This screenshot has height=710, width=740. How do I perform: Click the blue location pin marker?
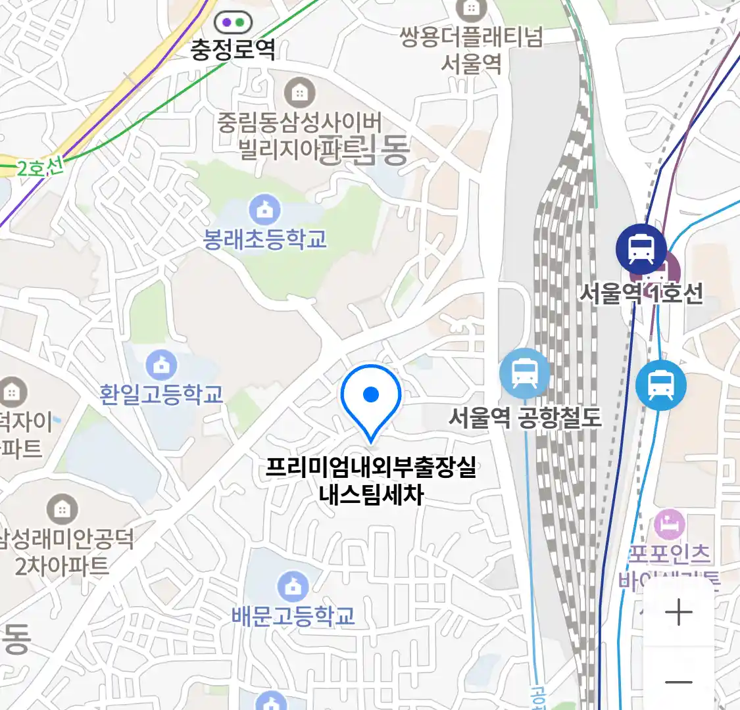(371, 397)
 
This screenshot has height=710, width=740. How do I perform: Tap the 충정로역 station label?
(233, 50)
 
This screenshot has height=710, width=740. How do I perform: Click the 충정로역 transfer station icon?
(233, 22)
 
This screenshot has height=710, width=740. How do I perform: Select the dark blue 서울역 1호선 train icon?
(641, 248)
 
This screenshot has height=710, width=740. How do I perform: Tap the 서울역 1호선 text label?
(641, 293)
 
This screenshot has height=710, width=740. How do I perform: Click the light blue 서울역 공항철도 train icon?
(524, 373)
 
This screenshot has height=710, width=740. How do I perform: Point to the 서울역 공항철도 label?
(525, 417)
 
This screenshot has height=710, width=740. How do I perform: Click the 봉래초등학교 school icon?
(265, 210)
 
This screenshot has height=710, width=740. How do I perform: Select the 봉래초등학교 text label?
(265, 239)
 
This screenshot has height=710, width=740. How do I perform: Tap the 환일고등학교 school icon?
(162, 364)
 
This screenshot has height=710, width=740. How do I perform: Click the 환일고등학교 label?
(162, 394)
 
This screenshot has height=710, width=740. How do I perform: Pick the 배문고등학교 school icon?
(293, 586)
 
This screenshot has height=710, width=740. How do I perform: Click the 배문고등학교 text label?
(293, 616)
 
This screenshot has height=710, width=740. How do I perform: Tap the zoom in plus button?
(678, 613)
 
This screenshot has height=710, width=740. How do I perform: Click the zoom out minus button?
(678, 682)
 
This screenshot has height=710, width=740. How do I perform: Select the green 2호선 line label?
(40, 168)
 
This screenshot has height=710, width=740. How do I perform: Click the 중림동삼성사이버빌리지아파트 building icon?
(300, 93)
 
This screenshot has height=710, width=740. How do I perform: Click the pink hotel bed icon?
(670, 525)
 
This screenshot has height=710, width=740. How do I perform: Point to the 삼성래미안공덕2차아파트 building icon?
(62, 509)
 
